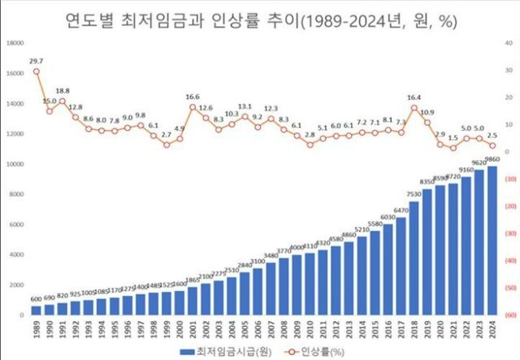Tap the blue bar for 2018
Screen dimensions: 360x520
tap(414, 258)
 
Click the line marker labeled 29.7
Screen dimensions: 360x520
tap(37, 71)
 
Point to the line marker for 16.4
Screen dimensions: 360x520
tap(414, 107)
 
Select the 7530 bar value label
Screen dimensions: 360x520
tap(414, 195)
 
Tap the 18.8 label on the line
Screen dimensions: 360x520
tap(63, 91)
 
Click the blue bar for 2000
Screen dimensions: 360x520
tap(180, 300)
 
